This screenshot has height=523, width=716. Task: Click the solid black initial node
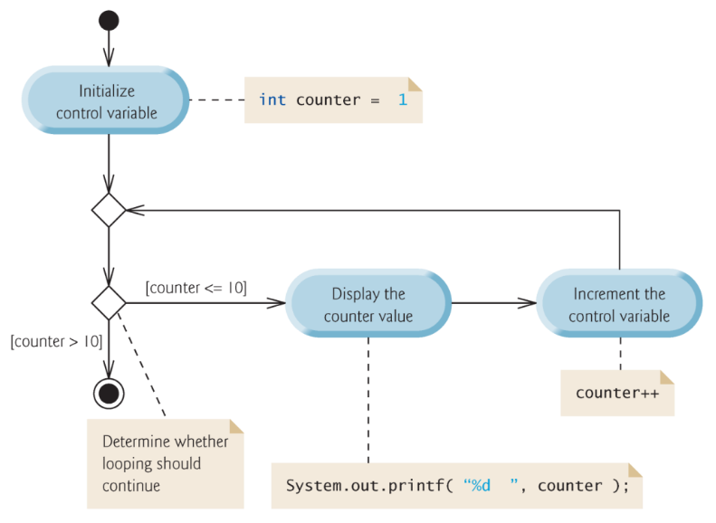(x=108, y=21)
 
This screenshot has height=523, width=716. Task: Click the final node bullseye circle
(x=108, y=393)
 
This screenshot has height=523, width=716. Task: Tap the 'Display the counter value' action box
(x=368, y=304)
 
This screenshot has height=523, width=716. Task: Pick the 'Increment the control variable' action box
(x=619, y=304)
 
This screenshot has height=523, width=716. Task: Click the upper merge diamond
(x=108, y=210)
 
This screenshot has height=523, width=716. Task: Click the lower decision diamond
(x=108, y=303)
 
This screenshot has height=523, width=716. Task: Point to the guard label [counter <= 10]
(x=196, y=288)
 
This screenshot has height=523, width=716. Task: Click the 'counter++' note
(x=616, y=394)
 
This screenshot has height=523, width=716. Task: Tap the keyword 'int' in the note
(x=272, y=100)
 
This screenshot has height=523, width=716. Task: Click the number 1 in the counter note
(x=403, y=100)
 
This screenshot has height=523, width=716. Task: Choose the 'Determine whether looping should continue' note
(x=165, y=463)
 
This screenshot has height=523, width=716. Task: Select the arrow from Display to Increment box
(x=493, y=304)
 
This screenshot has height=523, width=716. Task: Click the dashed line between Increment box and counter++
(x=619, y=354)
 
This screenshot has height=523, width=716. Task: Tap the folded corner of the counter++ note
(x=667, y=377)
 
